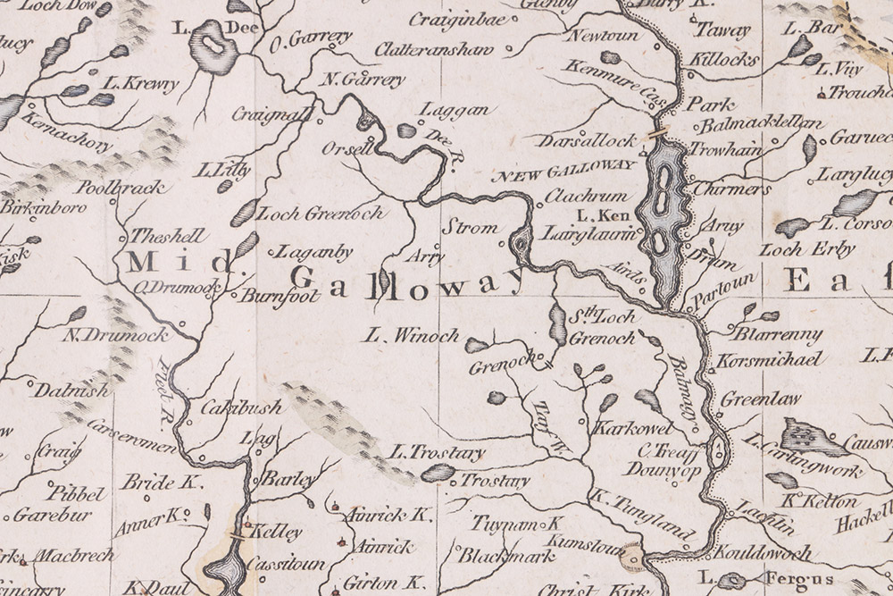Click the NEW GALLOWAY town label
[563, 165]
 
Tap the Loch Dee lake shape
[213, 48]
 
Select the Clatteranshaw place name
[433, 49]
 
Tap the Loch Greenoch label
[320, 214]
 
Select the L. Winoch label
[412, 336]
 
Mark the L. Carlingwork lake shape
[813, 437]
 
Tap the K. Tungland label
[640, 517]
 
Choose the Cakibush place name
[240, 407]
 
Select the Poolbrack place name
[121, 188]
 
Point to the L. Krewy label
[141, 83]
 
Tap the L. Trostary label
[438, 454]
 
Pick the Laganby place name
[314, 253]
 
